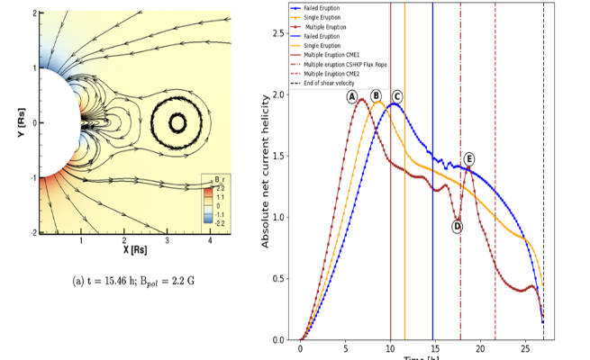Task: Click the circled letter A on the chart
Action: [352, 96]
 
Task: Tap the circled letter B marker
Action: [377, 96]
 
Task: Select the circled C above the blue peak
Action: [396, 96]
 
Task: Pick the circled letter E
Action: [469, 159]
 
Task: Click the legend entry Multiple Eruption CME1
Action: [339, 54]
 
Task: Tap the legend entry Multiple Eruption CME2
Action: [339, 73]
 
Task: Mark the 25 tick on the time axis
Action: [524, 348]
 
